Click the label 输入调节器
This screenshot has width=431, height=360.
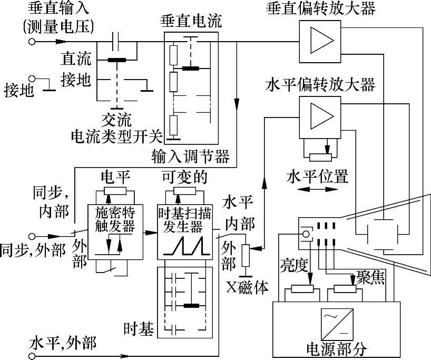pyautogui.click(x=190, y=157)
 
